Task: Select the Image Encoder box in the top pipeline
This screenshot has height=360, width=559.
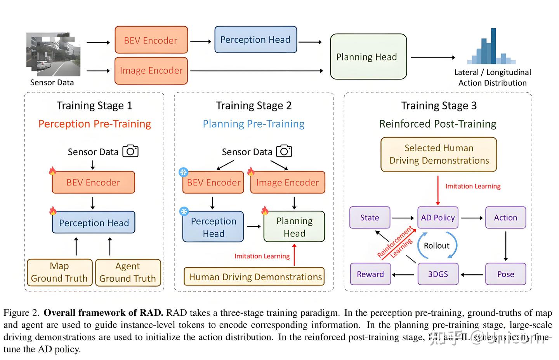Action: click(151, 71)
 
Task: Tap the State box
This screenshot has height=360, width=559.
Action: click(370, 218)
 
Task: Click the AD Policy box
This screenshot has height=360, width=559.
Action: click(437, 218)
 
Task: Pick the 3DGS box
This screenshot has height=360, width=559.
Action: click(437, 274)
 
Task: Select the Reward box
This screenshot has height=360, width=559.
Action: click(370, 274)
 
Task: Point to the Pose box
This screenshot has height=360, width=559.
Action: click(505, 274)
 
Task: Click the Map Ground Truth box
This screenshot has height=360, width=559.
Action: click(59, 273)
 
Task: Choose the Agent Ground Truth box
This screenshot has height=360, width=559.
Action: click(128, 273)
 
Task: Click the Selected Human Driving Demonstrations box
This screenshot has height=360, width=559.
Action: click(439, 154)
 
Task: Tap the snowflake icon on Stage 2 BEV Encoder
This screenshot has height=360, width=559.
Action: click(183, 172)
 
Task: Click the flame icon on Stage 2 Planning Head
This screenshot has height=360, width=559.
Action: click(265, 211)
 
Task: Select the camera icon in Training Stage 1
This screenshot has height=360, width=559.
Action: click(130, 151)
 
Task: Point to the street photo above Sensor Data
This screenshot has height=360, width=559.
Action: click(53, 54)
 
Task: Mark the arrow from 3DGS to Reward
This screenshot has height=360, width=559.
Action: click(403, 275)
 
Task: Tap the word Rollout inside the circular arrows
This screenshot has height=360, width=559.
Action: click(437, 246)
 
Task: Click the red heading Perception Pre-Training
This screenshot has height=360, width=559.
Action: click(95, 124)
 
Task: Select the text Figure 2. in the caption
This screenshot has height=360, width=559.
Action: click(21, 313)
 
